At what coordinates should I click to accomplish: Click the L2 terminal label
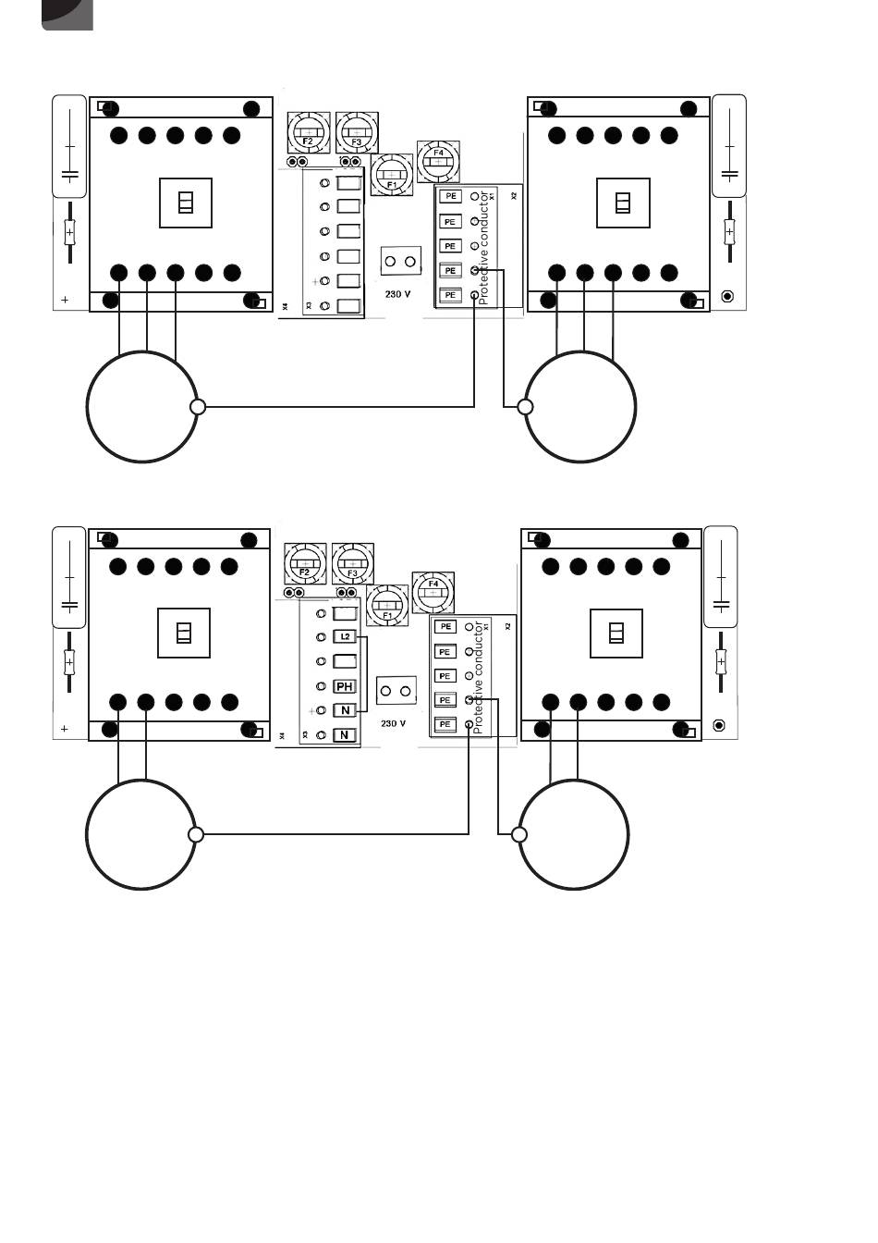click(345, 637)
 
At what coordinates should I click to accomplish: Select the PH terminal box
click(345, 686)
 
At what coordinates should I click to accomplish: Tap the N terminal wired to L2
click(345, 710)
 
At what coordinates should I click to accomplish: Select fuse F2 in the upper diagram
click(308, 133)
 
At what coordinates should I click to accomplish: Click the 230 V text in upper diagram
click(397, 294)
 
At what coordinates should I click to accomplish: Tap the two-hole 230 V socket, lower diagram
click(396, 692)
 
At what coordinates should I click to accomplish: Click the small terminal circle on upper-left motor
click(197, 406)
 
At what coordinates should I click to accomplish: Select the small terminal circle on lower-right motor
click(519, 834)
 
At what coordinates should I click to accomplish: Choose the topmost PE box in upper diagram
click(450, 196)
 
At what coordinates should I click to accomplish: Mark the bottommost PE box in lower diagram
click(445, 724)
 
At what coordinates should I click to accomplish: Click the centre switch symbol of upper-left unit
click(186, 202)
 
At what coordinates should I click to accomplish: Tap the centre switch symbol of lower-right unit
click(616, 633)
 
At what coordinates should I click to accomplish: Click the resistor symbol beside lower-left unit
click(68, 661)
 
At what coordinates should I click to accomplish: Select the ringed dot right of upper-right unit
click(727, 296)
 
